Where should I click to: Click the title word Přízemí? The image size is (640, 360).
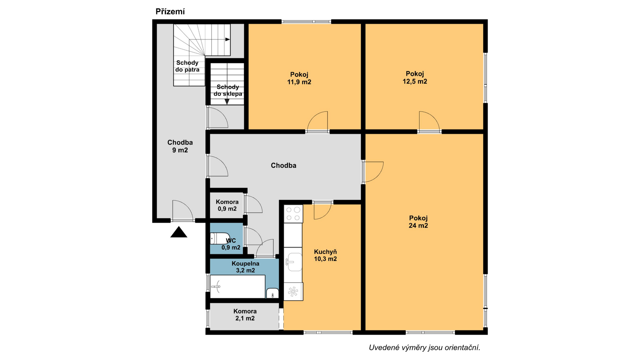170,12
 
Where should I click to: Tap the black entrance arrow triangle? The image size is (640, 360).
179,232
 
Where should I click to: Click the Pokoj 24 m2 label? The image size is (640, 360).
418,222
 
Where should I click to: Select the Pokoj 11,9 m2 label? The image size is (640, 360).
299,78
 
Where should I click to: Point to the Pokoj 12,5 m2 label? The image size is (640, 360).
415,78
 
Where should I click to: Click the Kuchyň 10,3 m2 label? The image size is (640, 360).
325,255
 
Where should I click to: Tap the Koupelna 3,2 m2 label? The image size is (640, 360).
245,267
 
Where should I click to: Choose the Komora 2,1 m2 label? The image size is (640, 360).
245,315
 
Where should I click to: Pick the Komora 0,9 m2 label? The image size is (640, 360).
227,205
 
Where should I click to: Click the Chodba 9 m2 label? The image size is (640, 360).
180,146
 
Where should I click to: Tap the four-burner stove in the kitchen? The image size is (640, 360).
293,214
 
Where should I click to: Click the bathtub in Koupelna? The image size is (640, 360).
238,286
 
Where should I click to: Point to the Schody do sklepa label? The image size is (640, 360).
228,90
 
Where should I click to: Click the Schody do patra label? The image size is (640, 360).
187,66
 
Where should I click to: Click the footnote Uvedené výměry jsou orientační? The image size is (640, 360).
424,348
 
